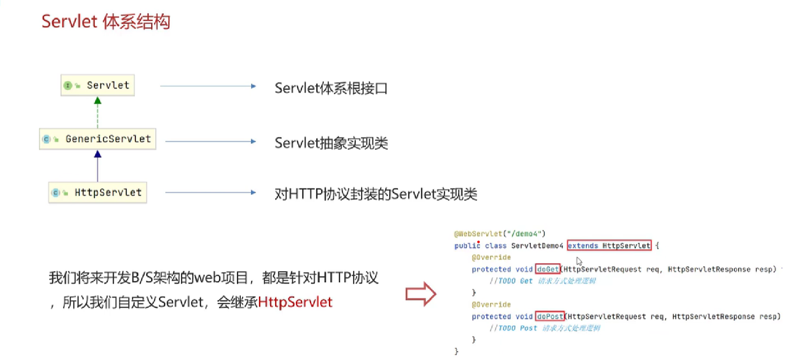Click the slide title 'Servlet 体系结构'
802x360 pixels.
[106, 22]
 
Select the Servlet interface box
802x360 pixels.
[98, 85]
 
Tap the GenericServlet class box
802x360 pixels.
[98, 139]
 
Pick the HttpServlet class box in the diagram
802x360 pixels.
[98, 193]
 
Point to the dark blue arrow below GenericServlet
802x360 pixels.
[98, 166]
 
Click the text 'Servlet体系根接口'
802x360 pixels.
[331, 88]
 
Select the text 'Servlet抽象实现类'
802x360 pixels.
[331, 143]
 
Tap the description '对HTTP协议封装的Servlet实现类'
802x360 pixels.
[376, 194]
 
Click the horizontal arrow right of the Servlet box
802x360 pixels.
[208, 86]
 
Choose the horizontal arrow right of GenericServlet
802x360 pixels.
[210, 142]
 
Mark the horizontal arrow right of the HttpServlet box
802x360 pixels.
[210, 193]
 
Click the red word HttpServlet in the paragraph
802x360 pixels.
[295, 302]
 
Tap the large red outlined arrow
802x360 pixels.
[421, 294]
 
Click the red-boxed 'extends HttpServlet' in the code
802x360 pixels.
[609, 246]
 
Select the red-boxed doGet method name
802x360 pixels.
[548, 269]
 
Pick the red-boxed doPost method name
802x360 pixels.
[550, 316]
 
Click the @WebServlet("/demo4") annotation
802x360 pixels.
[500, 234]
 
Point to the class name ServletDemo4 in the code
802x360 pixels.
[537, 246]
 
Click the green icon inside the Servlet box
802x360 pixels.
[68, 86]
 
